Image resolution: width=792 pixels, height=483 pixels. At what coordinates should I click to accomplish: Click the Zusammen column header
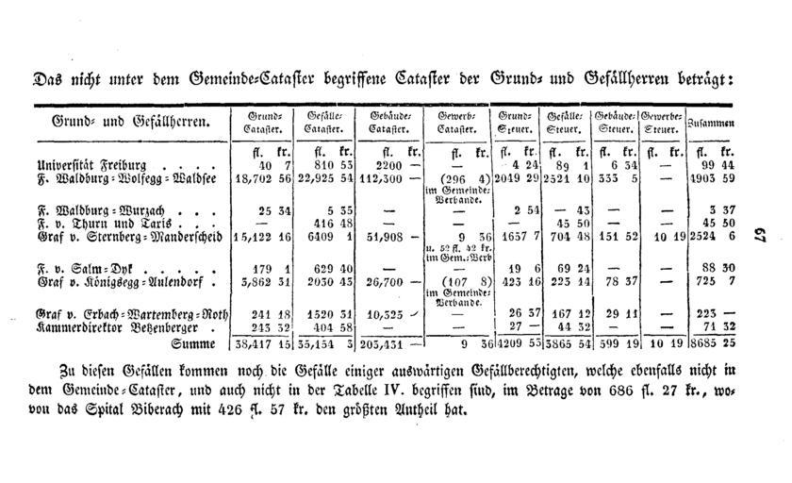point(711,124)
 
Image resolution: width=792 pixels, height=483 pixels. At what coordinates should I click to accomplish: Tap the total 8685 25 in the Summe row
point(713,344)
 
